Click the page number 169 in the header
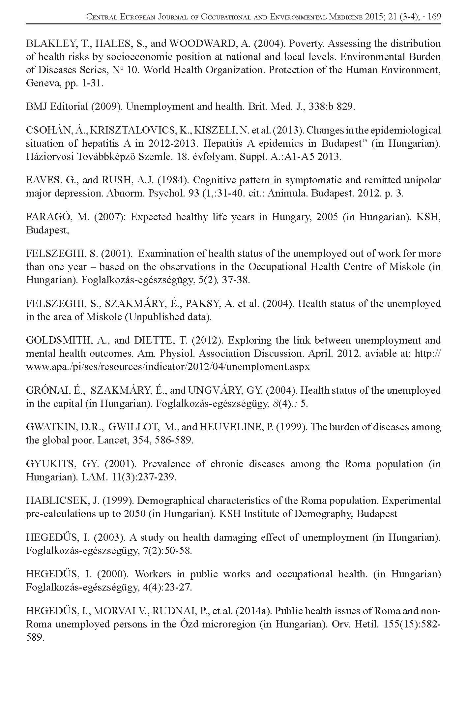pyautogui.click(x=434, y=16)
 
